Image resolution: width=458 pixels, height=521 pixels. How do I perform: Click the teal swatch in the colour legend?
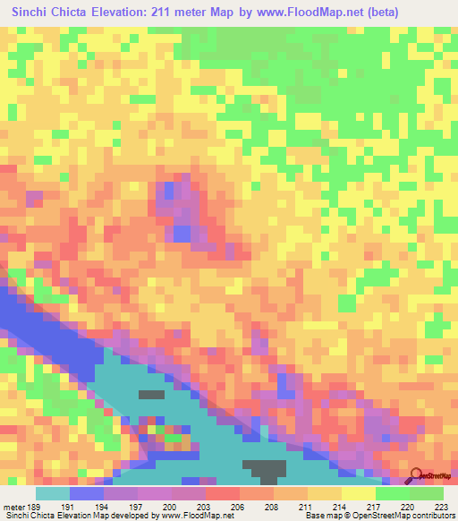[x=52, y=493]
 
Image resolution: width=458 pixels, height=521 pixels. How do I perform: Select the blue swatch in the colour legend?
[x=86, y=493]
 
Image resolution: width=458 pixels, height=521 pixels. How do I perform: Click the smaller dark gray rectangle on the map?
[x=151, y=394]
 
